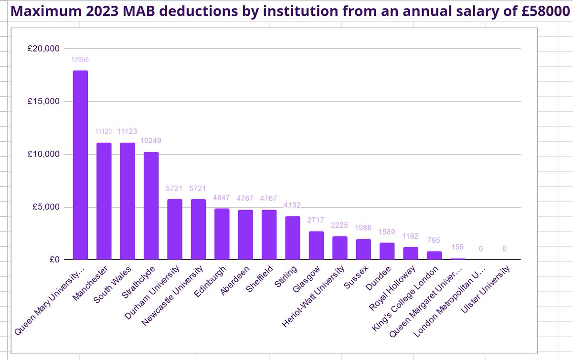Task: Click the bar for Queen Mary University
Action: [80, 165]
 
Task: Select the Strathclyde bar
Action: [151, 206]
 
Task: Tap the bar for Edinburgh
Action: [222, 234]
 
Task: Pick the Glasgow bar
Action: [316, 245]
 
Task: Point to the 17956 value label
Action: [80, 60]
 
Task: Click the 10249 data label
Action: [151, 142]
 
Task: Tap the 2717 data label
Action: [316, 221]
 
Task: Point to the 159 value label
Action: [457, 248]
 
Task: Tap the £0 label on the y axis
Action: [53, 260]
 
